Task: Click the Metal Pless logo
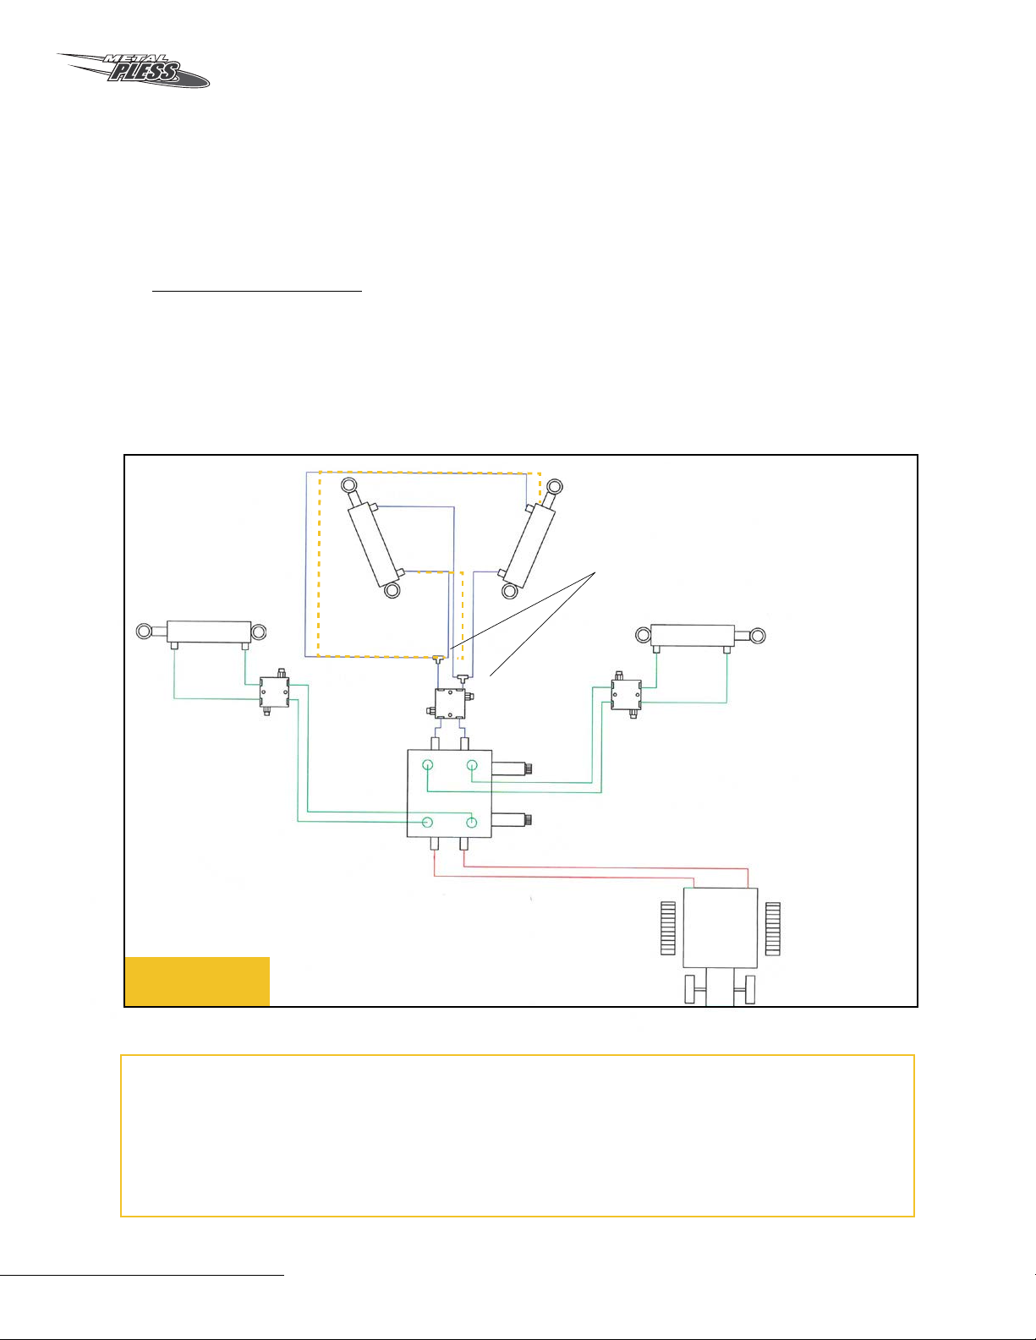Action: tap(134, 70)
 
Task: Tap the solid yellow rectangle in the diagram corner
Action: tap(197, 982)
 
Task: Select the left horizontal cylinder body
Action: tap(209, 632)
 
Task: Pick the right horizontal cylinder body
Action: tap(693, 636)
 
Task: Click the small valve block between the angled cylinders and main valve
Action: tap(450, 703)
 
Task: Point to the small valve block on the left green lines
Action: tap(274, 692)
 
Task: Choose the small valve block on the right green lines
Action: tap(626, 695)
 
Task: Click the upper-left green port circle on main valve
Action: tap(427, 765)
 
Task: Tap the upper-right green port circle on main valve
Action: tap(472, 765)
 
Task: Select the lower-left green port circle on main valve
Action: tap(427, 822)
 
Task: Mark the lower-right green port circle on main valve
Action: tap(472, 822)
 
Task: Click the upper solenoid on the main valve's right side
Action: tap(512, 768)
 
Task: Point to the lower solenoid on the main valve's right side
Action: tap(512, 820)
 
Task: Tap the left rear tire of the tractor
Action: tap(668, 928)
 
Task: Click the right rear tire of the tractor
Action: tap(773, 928)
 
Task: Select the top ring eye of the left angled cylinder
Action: tap(348, 485)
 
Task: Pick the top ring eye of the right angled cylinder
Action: tap(555, 487)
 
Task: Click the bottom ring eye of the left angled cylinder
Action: tap(392, 591)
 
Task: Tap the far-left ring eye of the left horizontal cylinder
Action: tap(144, 632)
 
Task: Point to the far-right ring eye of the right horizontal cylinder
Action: tap(758, 635)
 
